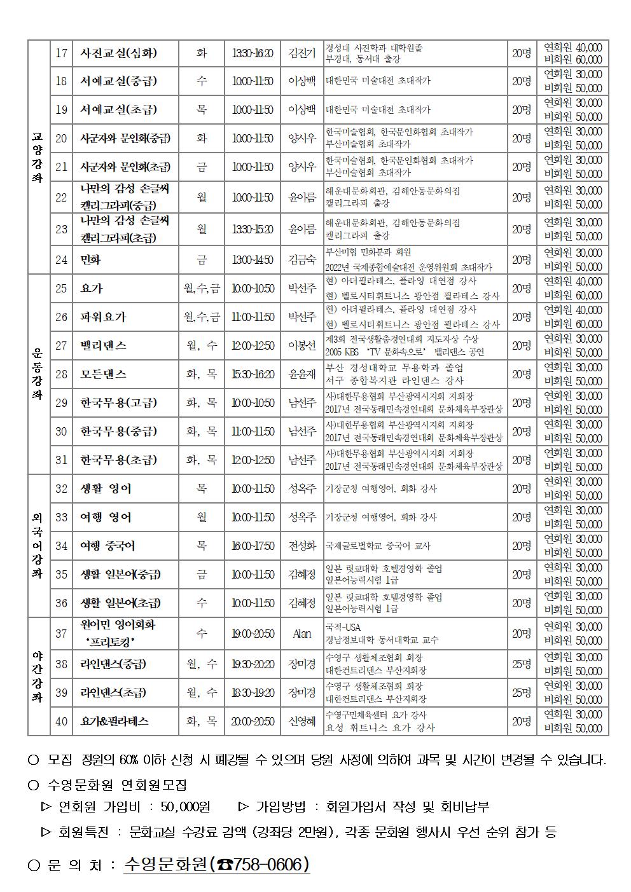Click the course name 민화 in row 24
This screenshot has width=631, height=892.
point(90,259)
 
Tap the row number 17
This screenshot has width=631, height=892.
point(61,53)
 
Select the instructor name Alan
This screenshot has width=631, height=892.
point(302,633)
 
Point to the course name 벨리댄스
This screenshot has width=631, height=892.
point(103,345)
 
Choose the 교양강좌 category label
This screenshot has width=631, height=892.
point(38,158)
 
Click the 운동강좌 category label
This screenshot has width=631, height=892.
point(38,374)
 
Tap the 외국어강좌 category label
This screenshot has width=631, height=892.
point(38,545)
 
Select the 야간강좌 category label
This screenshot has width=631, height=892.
point(38,676)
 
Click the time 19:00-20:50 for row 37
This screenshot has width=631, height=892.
point(253,633)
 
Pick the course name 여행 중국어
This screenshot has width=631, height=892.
point(107,545)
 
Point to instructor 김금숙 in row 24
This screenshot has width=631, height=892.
point(302,259)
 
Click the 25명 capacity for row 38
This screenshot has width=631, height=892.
point(522,664)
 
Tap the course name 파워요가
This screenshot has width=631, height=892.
point(103,317)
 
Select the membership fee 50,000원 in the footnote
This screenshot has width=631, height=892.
point(185,807)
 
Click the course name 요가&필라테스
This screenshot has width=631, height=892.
point(114,721)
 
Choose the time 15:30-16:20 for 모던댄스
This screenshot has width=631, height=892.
point(253,374)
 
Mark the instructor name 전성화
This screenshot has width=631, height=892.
point(302,545)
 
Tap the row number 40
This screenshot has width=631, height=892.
point(61,721)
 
